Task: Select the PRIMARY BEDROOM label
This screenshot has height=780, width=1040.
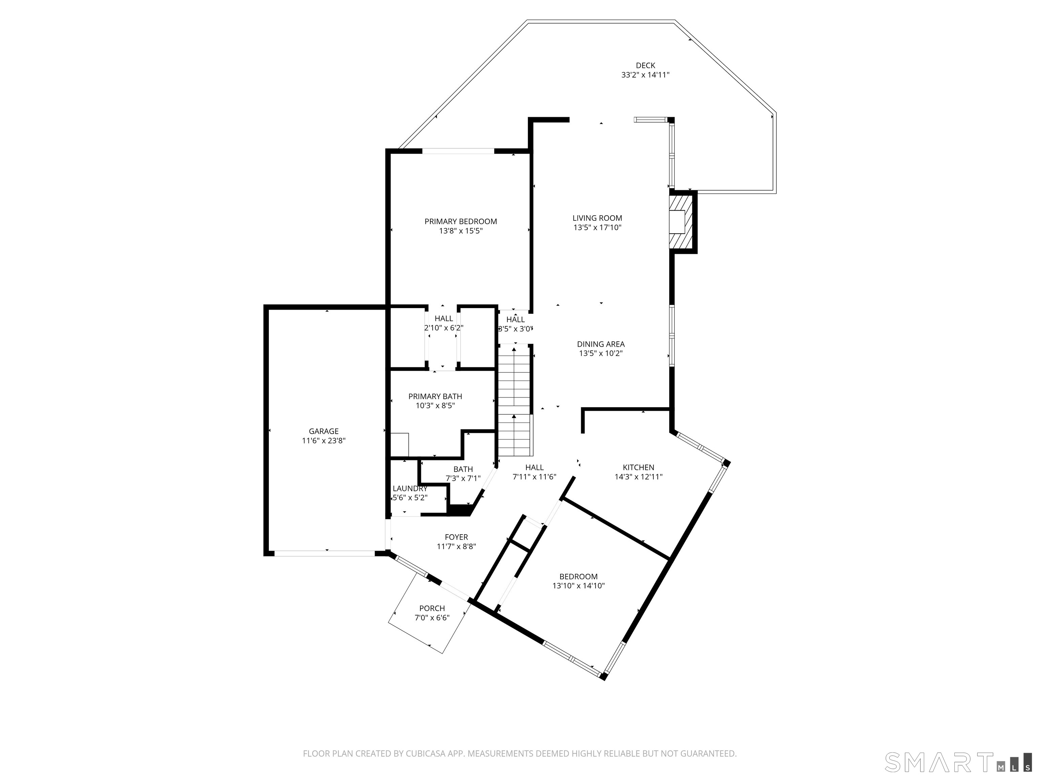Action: click(460, 221)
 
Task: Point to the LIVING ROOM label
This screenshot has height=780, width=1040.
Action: click(597, 218)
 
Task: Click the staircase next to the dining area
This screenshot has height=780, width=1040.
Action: click(515, 399)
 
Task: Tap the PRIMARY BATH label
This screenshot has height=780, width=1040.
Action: click(435, 396)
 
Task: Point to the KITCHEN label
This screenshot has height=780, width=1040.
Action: click(638, 467)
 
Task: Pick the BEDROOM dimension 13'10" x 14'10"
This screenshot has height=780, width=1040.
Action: click(578, 586)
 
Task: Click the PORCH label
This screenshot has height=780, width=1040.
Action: click(432, 608)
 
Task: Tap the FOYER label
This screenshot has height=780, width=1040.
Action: click(456, 537)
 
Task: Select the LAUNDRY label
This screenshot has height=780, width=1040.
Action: click(410, 489)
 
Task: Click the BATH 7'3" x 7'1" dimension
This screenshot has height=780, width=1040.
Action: click(463, 479)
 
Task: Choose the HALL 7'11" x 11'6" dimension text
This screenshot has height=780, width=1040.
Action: click(534, 477)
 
